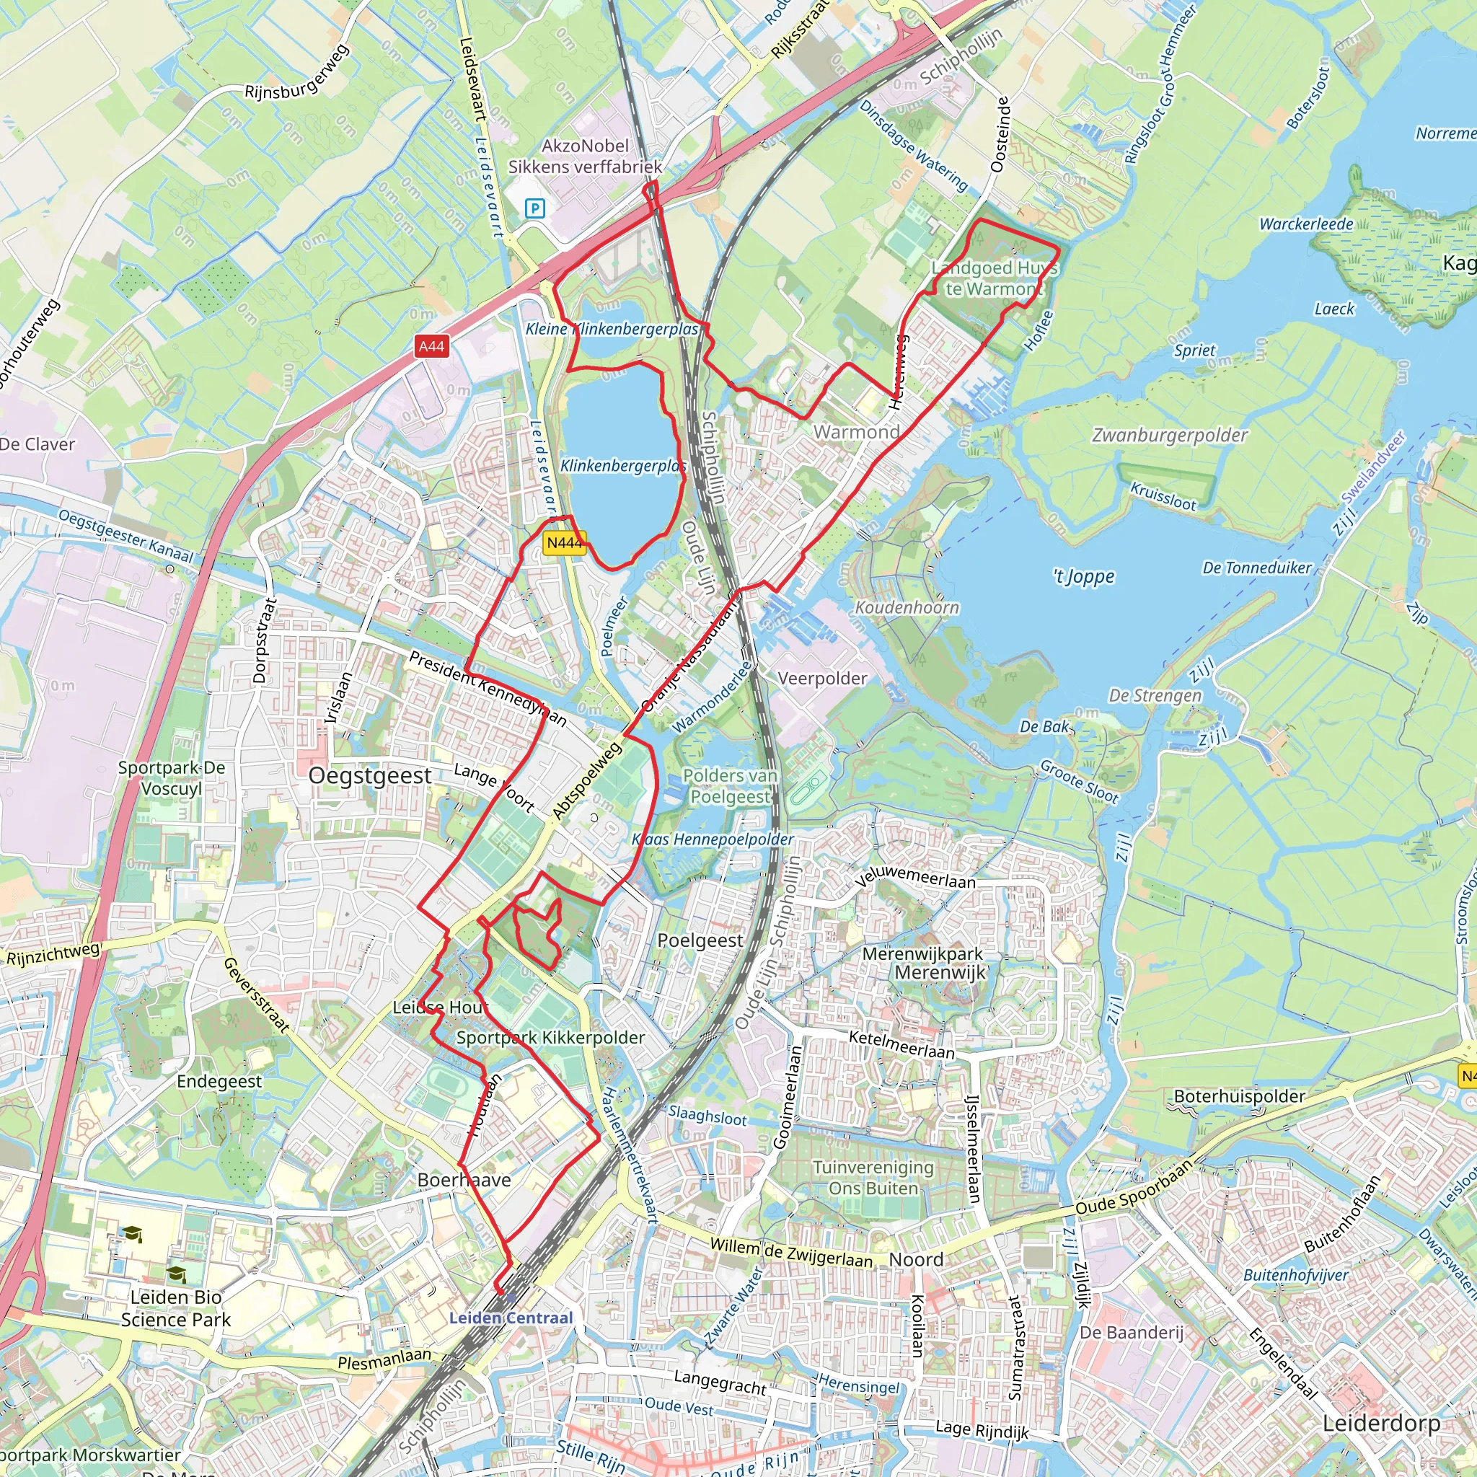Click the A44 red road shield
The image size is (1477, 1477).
(431, 346)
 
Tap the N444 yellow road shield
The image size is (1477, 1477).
(564, 543)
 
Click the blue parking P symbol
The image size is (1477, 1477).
(535, 208)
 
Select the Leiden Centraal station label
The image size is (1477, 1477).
(511, 1317)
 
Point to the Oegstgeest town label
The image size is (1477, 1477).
(371, 776)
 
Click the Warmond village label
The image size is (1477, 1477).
(856, 432)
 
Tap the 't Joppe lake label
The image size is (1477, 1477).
(1083, 576)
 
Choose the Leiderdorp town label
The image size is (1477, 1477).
(1381, 1424)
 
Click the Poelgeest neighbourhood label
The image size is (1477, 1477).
(700, 940)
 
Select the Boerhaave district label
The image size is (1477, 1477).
(464, 1180)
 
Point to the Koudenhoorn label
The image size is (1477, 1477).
(907, 608)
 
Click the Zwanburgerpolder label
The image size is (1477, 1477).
(1170, 436)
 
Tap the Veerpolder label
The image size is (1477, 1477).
(822, 678)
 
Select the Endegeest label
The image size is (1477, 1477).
(219, 1081)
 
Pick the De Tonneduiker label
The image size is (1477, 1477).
(1257, 568)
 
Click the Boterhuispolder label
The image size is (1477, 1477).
(1239, 1096)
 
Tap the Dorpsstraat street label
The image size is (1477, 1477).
(262, 640)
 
